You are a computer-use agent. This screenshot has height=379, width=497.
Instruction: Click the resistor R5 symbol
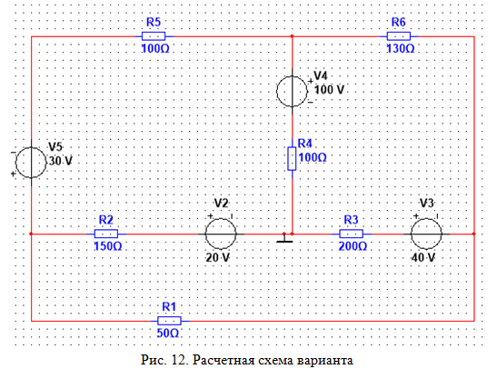coord(154,36)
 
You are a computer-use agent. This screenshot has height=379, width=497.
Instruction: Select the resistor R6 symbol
coord(399,36)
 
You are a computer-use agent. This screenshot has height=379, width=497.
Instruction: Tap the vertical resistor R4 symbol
coord(292,158)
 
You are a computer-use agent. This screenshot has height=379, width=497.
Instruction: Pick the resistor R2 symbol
coord(106,234)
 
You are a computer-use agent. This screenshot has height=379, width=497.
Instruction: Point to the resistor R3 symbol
coord(352,234)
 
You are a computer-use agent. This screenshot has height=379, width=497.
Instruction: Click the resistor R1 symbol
coord(169,321)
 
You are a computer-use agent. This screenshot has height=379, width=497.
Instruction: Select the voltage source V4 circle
coord(292,91)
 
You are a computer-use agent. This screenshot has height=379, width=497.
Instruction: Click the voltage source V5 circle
coord(31,163)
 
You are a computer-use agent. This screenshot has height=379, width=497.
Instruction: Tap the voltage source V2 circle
coord(221,234)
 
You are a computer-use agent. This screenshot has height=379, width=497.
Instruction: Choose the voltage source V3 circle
coord(426,234)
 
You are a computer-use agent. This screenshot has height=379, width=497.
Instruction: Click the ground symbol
coord(284,238)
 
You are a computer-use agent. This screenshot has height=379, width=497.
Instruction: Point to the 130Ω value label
coord(401,49)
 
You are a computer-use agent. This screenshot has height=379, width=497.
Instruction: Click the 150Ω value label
coord(108,246)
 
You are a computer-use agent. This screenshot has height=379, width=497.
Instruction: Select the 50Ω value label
coord(168,334)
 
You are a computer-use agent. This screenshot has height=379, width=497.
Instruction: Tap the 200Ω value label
coord(353,246)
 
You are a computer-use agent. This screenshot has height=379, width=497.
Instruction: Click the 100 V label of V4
coord(329,90)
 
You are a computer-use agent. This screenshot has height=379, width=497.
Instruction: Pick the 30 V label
coord(61,161)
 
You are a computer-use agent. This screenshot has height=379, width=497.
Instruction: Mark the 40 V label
coord(423,257)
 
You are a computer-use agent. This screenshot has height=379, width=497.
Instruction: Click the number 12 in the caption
coord(180,361)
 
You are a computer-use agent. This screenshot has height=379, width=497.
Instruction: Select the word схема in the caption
coord(276,361)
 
